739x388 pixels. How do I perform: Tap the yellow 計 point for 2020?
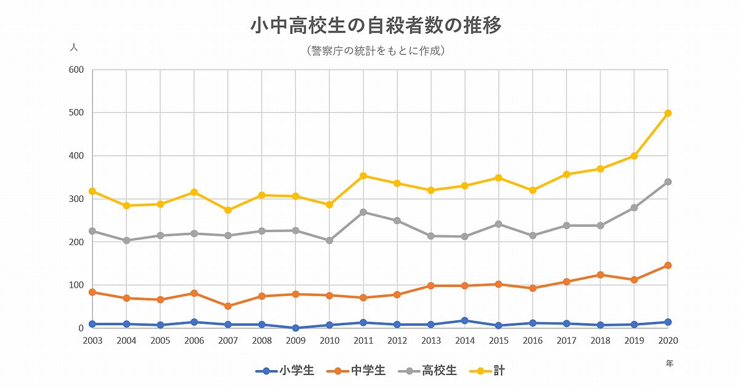click(x=668, y=113)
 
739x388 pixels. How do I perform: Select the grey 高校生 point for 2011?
click(x=363, y=212)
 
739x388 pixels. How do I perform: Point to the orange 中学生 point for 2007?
click(x=228, y=306)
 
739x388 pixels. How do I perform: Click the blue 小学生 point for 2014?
click(x=464, y=320)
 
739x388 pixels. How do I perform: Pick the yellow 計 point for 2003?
click(x=92, y=192)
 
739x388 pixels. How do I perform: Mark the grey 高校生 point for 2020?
click(x=668, y=182)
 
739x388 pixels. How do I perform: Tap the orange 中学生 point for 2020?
click(x=668, y=265)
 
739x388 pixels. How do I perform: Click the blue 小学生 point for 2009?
click(x=296, y=328)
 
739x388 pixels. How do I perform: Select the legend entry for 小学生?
click(x=285, y=371)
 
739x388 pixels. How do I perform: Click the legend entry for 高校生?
click(x=428, y=371)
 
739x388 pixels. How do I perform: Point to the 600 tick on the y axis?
click(x=76, y=70)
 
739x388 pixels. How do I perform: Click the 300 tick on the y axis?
click(x=76, y=199)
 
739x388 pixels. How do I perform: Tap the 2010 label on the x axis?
click(x=329, y=341)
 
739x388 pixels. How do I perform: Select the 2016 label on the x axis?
click(x=532, y=341)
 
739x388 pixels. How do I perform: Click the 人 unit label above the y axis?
click(x=74, y=47)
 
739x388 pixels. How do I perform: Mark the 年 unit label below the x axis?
click(x=669, y=363)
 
